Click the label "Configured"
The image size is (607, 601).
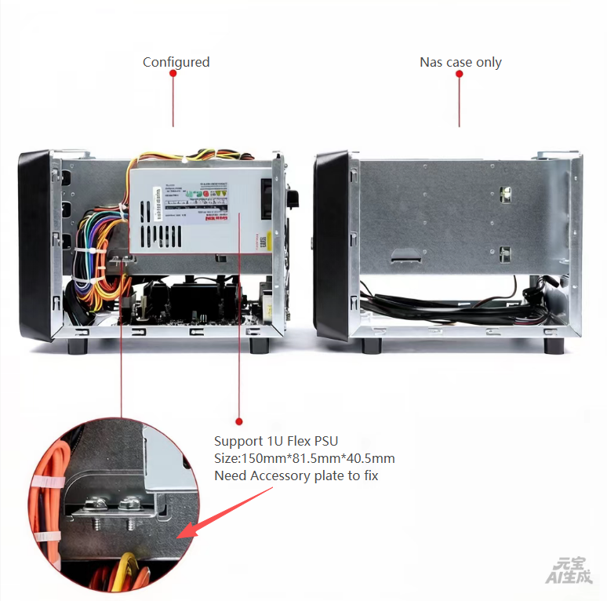pyautogui.click(x=176, y=62)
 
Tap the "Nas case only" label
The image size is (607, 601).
pyautogui.click(x=460, y=62)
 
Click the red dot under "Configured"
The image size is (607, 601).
pyautogui.click(x=173, y=73)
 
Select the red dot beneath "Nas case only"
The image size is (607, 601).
pyautogui.click(x=459, y=73)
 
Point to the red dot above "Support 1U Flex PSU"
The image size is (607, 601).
pyautogui.click(x=239, y=421)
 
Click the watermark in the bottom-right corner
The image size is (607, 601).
pyautogui.click(x=570, y=570)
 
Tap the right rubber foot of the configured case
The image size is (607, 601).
pyautogui.click(x=259, y=345)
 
